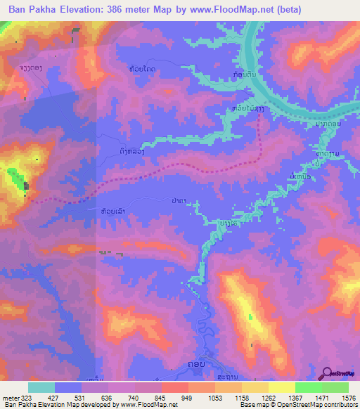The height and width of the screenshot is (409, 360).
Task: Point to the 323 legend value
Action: coord(22,397)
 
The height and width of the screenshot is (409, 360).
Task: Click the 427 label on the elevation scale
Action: coord(54,397)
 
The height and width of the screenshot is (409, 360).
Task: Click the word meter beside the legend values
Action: coord(8,397)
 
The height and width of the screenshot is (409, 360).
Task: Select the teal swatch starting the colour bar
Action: coord(41,387)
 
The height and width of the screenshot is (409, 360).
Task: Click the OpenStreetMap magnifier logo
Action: coord(328,374)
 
